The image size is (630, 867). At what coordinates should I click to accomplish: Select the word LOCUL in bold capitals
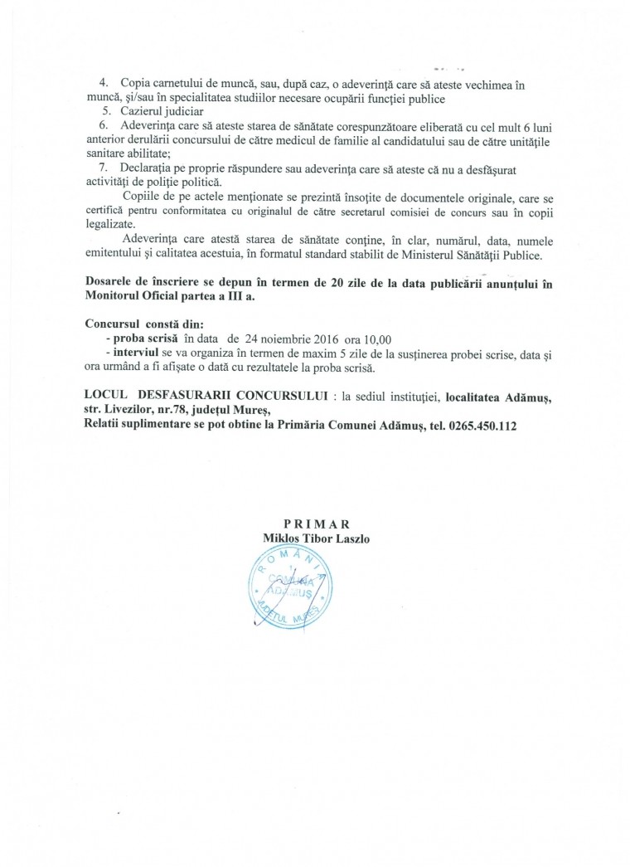click(105, 396)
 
